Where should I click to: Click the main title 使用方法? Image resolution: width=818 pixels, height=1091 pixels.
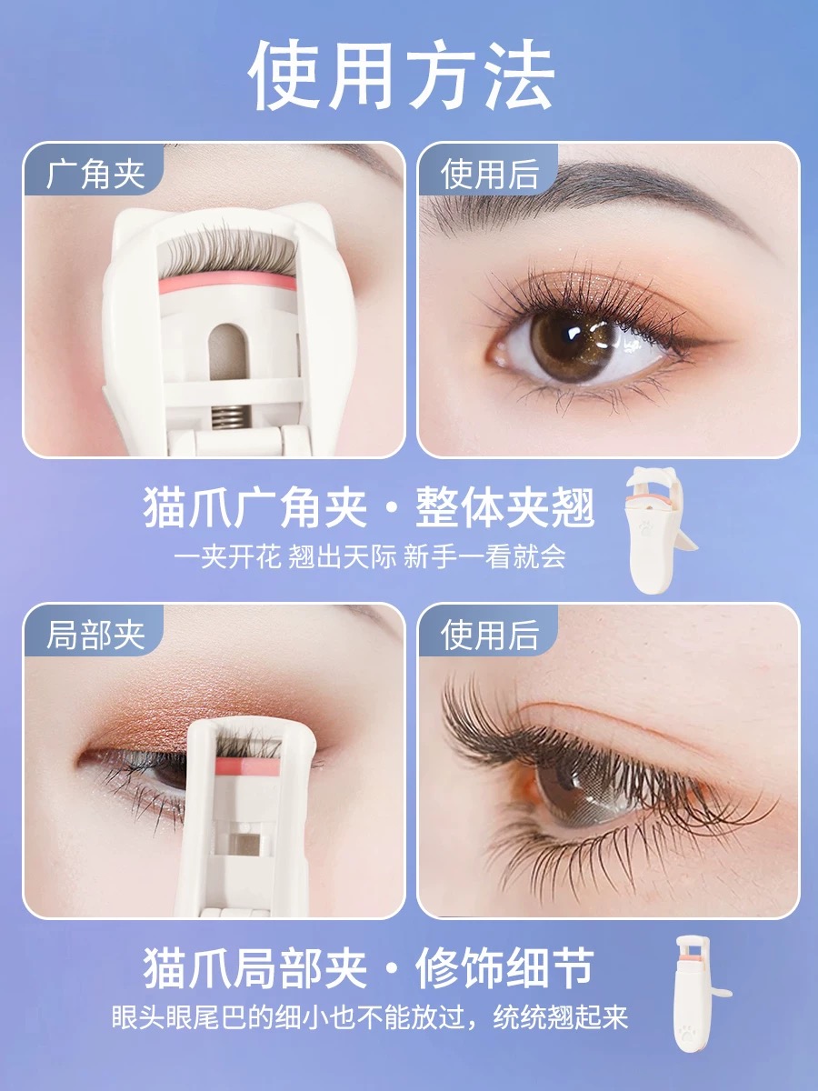[402, 75]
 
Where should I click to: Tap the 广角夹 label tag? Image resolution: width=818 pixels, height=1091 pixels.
[95, 173]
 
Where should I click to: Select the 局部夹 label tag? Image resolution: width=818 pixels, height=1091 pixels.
[95, 635]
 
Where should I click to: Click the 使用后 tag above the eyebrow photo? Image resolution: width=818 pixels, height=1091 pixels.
[489, 173]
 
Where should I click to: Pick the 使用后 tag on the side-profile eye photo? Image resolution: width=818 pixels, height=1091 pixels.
[489, 635]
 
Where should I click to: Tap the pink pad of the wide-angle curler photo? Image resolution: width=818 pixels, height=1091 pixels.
[227, 284]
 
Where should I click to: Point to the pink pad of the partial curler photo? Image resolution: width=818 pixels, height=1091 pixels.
[248, 766]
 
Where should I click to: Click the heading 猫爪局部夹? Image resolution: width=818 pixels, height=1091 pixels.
[255, 968]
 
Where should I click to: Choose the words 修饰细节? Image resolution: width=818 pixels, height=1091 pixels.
[504, 968]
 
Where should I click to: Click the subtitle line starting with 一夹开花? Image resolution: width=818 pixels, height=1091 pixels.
[370, 556]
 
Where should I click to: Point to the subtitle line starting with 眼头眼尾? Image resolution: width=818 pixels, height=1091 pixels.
[370, 1017]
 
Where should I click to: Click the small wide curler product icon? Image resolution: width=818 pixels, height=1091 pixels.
[658, 530]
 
